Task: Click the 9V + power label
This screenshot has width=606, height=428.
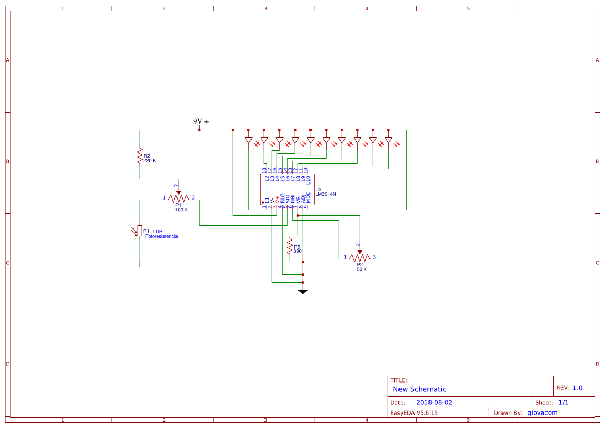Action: pyautogui.click(x=201, y=122)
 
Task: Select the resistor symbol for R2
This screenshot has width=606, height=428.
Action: pyautogui.click(x=139, y=156)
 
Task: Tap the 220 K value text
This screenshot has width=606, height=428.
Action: pyautogui.click(x=150, y=161)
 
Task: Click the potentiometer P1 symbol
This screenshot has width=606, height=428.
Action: pyautogui.click(x=179, y=197)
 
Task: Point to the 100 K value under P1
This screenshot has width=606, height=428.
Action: pyautogui.click(x=181, y=210)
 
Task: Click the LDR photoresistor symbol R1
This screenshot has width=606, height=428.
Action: pyautogui.click(x=139, y=231)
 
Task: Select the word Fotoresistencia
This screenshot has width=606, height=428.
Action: pyautogui.click(x=161, y=236)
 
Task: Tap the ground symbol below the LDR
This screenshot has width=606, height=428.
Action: pyautogui.click(x=139, y=268)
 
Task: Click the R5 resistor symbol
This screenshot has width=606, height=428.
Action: pyautogui.click(x=290, y=247)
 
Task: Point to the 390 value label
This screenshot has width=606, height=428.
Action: pyautogui.click(x=298, y=251)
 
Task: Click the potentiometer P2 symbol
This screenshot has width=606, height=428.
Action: pyautogui.click(x=360, y=257)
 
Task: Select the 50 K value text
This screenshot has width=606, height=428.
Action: pyautogui.click(x=361, y=269)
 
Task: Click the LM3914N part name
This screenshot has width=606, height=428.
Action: pyautogui.click(x=326, y=194)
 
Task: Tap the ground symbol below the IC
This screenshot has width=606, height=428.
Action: pyautogui.click(x=303, y=292)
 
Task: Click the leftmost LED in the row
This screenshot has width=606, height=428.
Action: pyautogui.click(x=248, y=141)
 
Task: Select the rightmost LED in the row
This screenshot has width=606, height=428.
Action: pyautogui.click(x=388, y=141)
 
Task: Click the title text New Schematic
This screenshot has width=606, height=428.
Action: pyautogui.click(x=419, y=389)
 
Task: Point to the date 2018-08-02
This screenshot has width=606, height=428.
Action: pyautogui.click(x=434, y=402)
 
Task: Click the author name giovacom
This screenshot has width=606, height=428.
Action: pyautogui.click(x=542, y=412)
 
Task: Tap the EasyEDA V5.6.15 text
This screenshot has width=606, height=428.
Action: pyautogui.click(x=414, y=412)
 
